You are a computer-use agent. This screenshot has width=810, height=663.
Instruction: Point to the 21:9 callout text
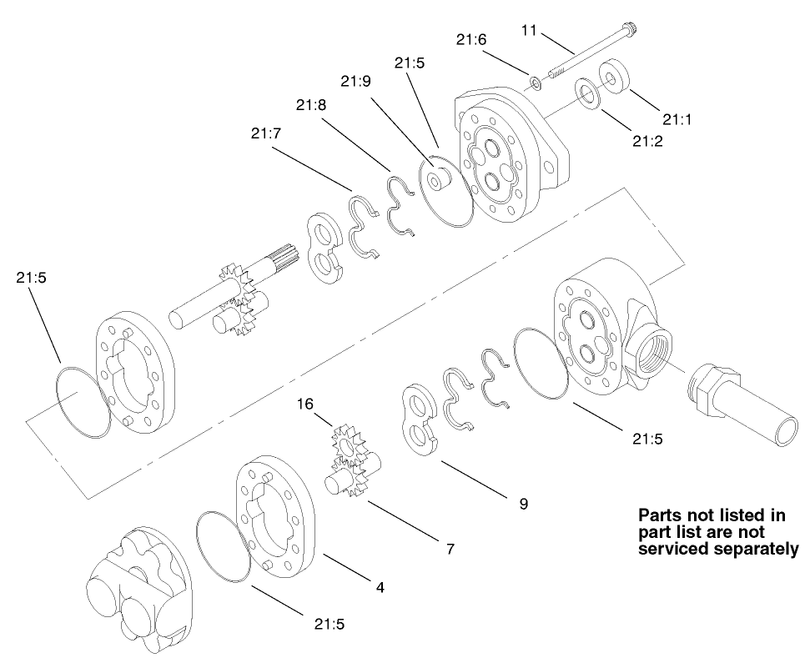(x=355, y=80)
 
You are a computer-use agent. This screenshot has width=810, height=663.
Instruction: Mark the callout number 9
(x=523, y=505)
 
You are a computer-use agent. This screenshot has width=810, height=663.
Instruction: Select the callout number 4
(x=380, y=587)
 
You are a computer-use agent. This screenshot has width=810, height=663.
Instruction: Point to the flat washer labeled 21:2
(x=586, y=92)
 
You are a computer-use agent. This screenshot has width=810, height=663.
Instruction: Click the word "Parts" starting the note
(x=661, y=515)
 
